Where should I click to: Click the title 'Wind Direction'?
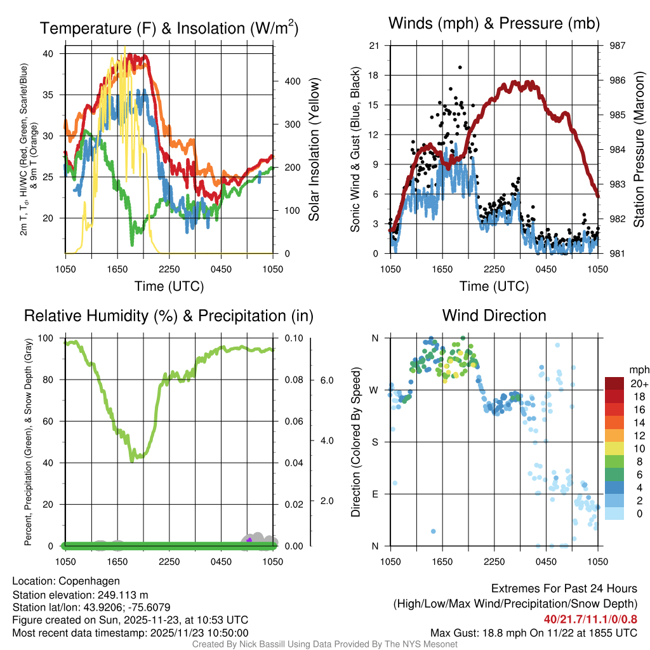[494, 315]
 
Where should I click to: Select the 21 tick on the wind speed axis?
[375, 46]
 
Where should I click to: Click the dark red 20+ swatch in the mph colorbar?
[614, 383]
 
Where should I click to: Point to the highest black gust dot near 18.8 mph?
[460, 67]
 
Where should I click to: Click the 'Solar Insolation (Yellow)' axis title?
[314, 149]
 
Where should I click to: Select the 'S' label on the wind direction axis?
[375, 442]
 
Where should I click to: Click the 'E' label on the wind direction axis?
[375, 494]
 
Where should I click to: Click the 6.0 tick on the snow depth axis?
[327, 380]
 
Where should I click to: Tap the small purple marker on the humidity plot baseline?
[249, 540]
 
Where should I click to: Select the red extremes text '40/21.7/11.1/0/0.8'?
[590, 619]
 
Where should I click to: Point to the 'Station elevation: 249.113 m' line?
[80, 595]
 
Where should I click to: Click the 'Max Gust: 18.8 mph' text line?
[533, 632]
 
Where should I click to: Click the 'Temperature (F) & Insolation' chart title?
[169, 29]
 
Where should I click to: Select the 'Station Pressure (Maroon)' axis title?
[639, 149]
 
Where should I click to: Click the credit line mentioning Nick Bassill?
[325, 644]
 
